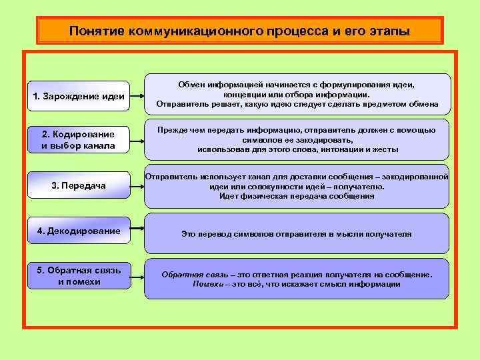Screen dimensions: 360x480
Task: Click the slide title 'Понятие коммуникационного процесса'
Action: (x=239, y=31)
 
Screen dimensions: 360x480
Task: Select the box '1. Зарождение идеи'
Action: (x=79, y=96)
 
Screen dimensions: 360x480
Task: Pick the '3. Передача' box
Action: (x=79, y=185)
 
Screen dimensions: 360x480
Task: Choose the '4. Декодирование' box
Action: (x=79, y=231)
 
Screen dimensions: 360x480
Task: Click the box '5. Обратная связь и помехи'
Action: (x=79, y=275)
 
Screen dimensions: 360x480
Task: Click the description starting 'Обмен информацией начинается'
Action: (x=297, y=94)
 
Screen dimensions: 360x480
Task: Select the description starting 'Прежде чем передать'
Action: (x=297, y=139)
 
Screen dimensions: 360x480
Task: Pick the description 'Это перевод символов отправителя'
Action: (x=297, y=234)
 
